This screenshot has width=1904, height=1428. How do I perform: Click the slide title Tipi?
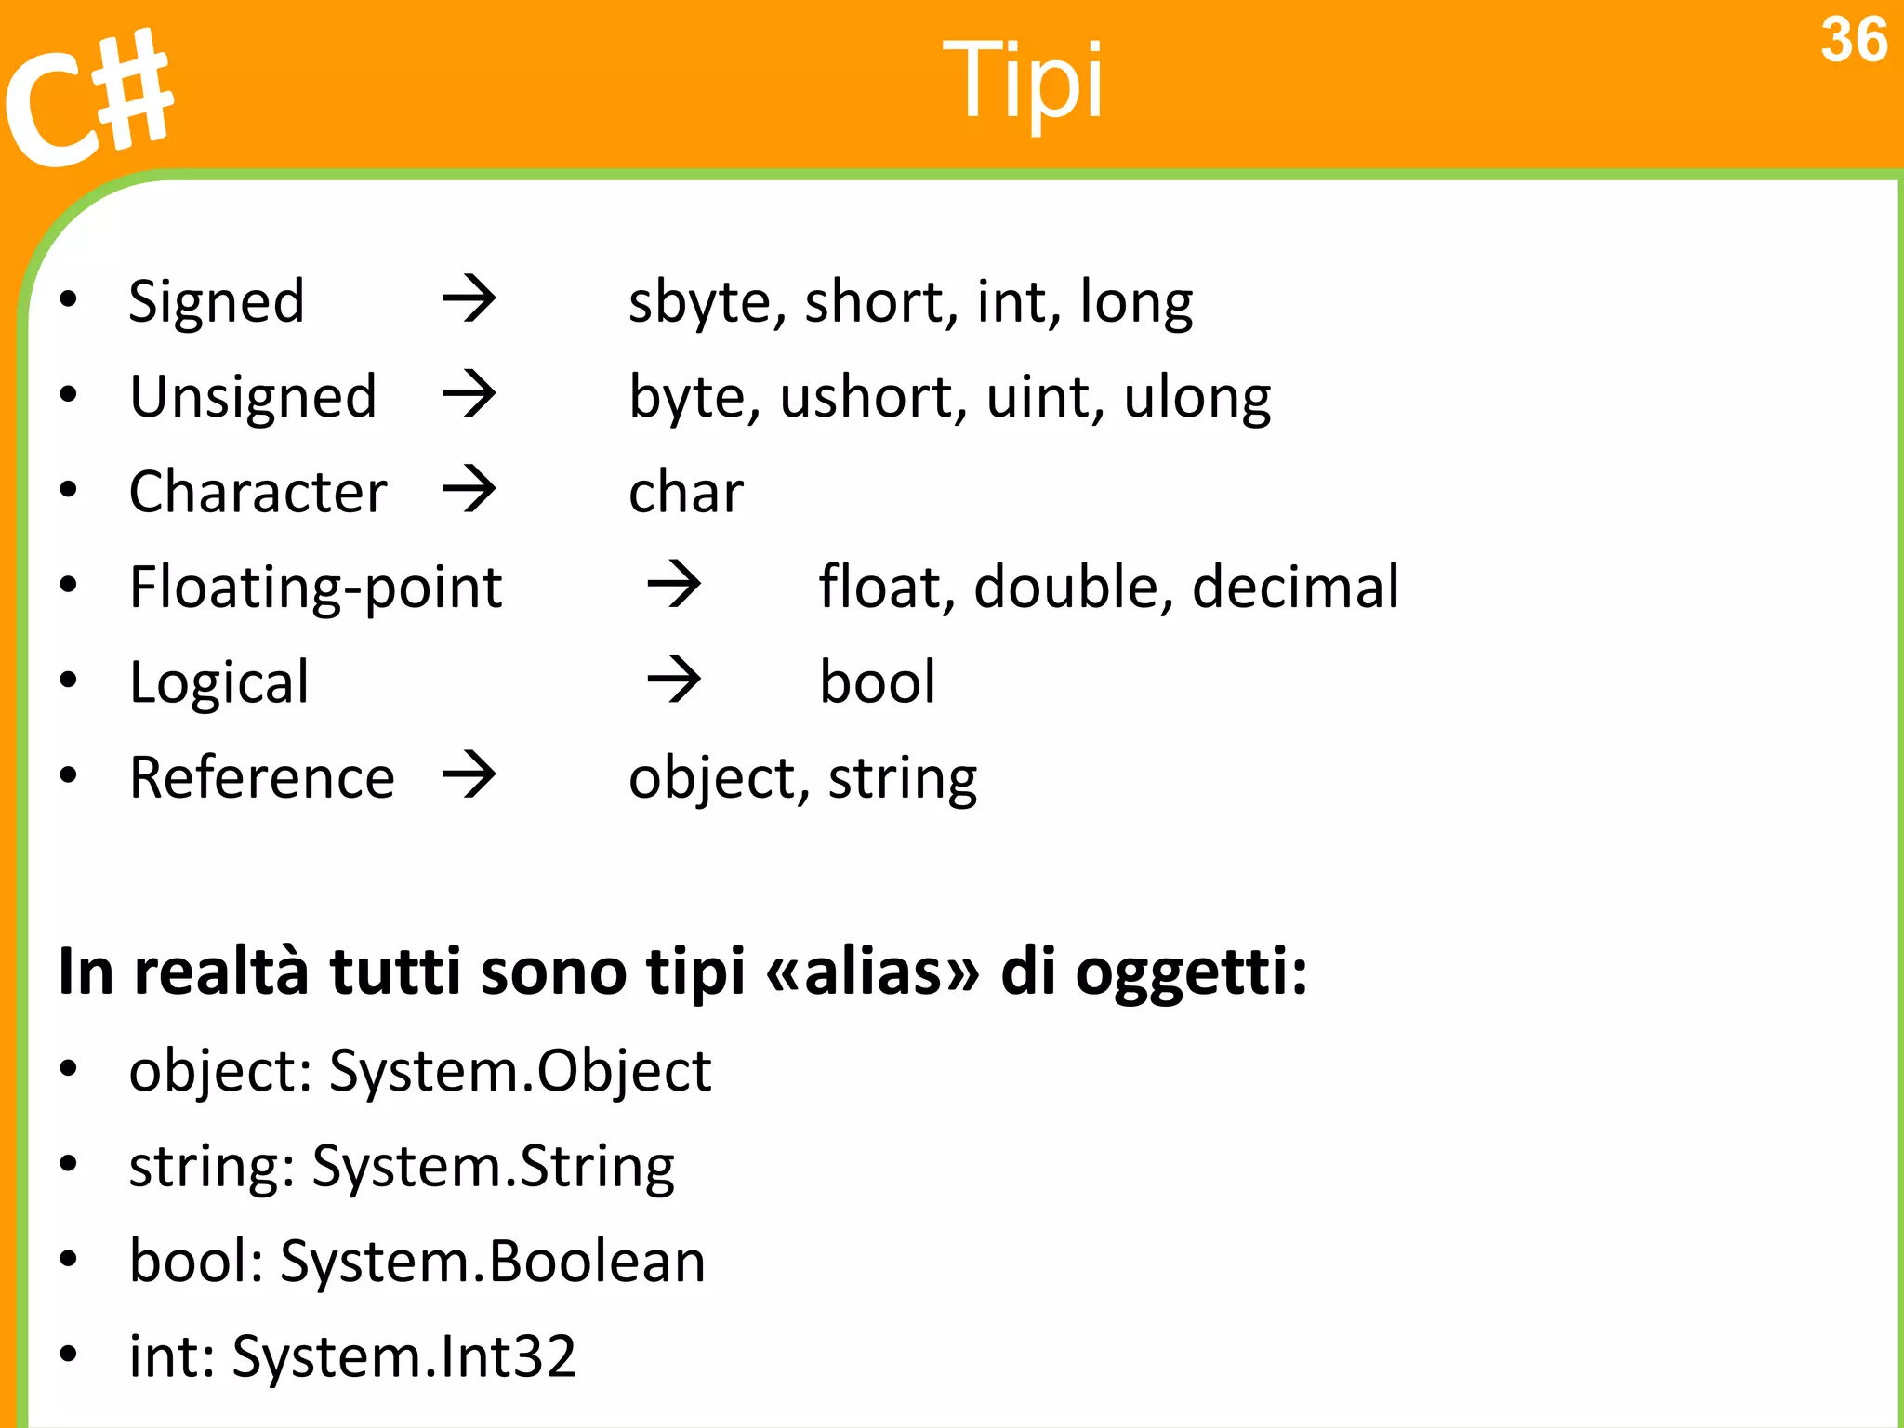1023,82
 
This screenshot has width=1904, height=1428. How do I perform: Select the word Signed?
217,303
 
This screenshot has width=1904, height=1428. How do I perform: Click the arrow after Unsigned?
469,394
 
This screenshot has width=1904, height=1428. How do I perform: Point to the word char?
686,492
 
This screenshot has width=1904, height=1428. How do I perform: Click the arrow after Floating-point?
674,585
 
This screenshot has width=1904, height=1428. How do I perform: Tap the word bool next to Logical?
877,682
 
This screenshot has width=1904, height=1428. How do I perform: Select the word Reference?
262,777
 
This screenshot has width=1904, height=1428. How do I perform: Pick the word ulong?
1197,398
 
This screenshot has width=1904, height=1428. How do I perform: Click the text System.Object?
521,1072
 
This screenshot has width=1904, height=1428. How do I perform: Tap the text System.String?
494,1168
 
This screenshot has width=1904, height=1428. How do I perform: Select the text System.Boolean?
493,1262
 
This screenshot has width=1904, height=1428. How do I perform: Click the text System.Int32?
404,1356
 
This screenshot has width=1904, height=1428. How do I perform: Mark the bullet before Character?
68,490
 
